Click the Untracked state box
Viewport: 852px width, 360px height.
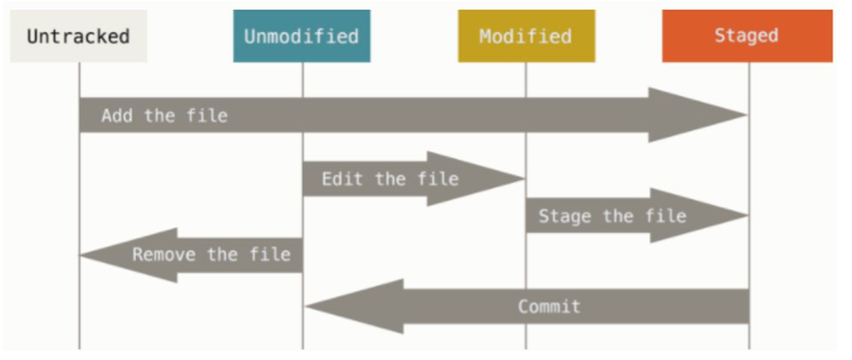(x=78, y=36)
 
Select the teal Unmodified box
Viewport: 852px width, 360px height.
(x=301, y=36)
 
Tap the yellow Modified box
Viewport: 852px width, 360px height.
(x=526, y=36)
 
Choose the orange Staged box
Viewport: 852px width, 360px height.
(x=746, y=36)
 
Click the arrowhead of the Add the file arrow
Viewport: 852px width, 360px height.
(x=701, y=115)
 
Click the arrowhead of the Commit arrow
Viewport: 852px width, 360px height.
(x=346, y=306)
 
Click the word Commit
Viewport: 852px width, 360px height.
(x=549, y=306)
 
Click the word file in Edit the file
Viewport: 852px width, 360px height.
(x=437, y=179)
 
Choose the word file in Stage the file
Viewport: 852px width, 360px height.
(x=665, y=215)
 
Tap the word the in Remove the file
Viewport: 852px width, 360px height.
(x=222, y=255)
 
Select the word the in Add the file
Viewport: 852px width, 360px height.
(x=159, y=116)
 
